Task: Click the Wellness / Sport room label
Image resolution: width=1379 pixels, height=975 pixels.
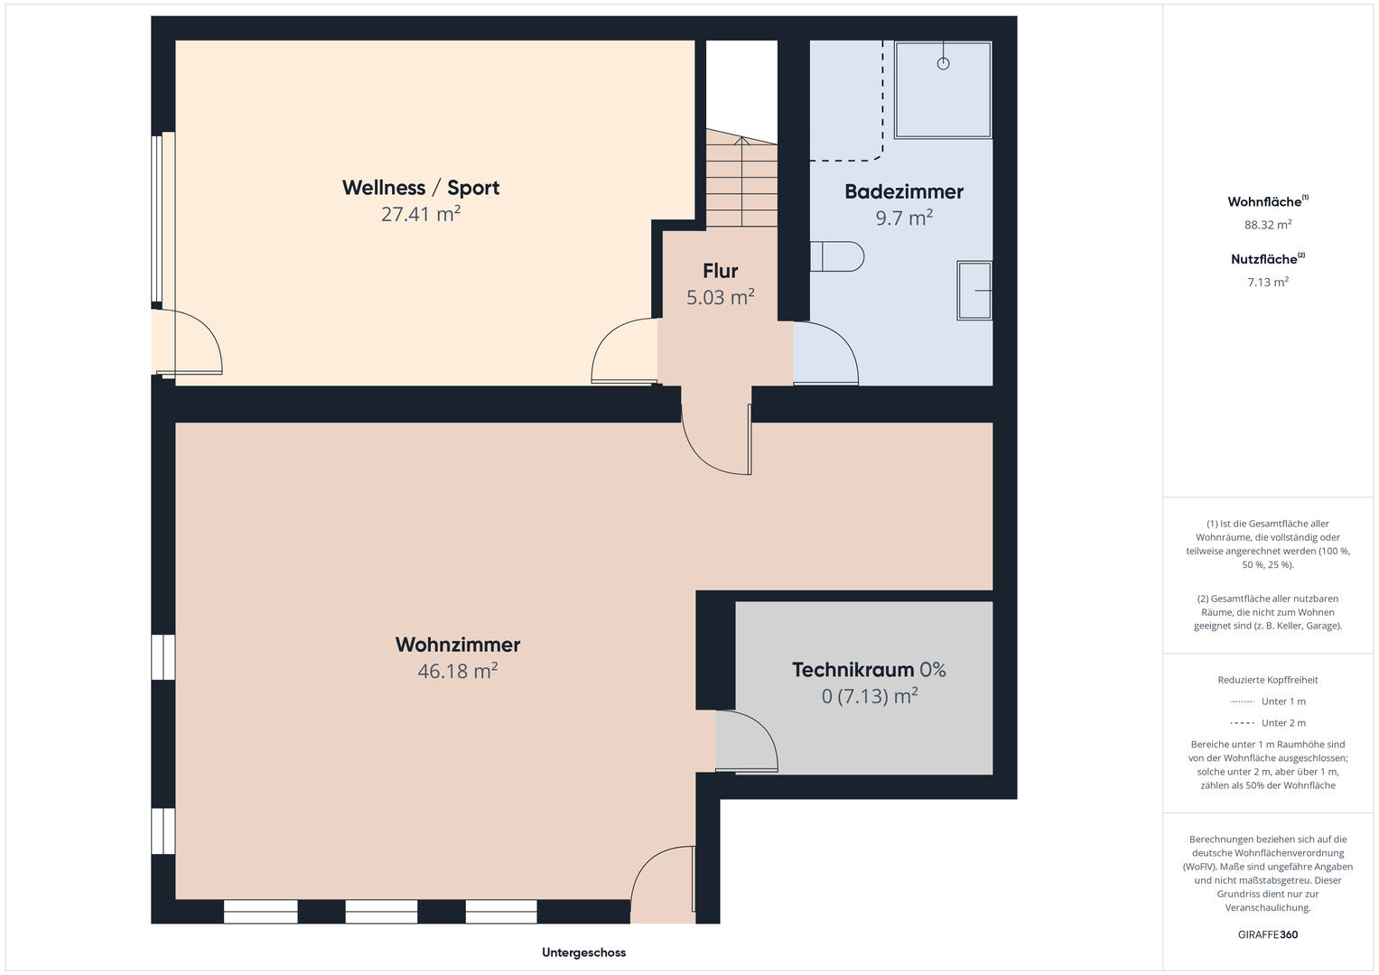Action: [421, 188]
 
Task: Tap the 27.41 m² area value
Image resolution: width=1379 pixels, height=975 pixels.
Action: [421, 214]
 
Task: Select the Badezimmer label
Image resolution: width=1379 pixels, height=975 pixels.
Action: [904, 191]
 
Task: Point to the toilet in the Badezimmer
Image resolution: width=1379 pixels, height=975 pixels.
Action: [836, 256]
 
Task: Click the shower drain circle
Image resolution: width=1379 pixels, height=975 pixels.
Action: [943, 63]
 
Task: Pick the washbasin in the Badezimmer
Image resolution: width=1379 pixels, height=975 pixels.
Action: [974, 291]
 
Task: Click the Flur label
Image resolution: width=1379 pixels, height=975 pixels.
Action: [721, 271]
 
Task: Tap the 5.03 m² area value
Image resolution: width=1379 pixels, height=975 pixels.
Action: [721, 297]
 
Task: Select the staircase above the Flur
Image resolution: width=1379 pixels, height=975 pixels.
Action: [741, 179]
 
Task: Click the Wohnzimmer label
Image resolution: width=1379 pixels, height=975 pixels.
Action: [458, 645]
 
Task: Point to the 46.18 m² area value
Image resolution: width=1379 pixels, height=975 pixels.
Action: [458, 671]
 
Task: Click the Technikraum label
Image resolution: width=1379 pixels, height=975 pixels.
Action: [853, 670]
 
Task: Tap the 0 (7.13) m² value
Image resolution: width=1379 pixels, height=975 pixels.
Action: [870, 696]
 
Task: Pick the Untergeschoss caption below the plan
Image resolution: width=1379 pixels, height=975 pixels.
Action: [583, 952]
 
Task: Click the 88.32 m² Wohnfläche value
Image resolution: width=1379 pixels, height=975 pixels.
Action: [1268, 225]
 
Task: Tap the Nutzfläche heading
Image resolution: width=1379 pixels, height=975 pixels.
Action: [1268, 259]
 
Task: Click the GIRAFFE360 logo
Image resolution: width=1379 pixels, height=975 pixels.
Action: [1268, 934]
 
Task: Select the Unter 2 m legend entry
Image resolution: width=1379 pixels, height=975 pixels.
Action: [1268, 722]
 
